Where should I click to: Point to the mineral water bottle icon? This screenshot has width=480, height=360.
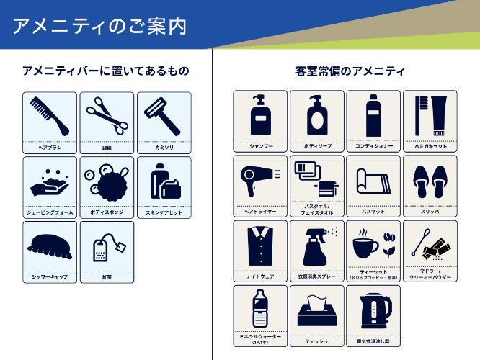point(259,308)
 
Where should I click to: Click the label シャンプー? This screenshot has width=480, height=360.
point(260,146)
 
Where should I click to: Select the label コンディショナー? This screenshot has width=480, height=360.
point(373,146)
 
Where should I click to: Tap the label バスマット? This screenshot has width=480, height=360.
point(373,212)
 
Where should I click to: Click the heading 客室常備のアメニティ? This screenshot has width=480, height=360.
point(350,71)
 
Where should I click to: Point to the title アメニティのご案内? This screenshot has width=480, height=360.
point(100,27)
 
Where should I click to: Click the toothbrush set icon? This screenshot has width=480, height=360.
point(430,114)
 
